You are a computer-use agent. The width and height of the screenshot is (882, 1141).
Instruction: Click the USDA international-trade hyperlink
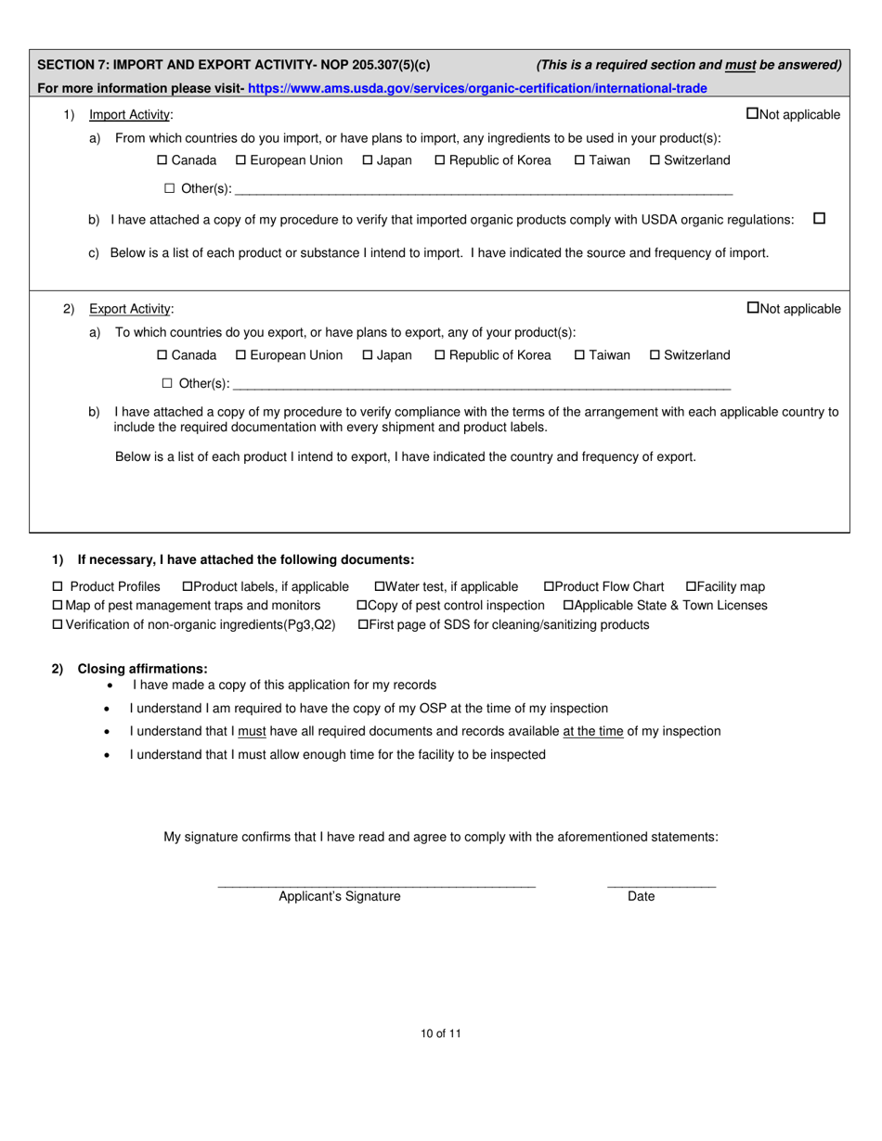pyautogui.click(x=477, y=88)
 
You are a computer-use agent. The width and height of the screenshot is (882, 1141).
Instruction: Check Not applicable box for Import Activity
pyautogui.click(x=752, y=114)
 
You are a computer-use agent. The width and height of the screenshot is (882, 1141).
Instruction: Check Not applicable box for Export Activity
pyautogui.click(x=752, y=308)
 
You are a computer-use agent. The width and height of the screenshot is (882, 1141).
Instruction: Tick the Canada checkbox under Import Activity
pyautogui.click(x=162, y=160)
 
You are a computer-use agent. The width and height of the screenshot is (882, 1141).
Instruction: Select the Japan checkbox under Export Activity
pyautogui.click(x=368, y=355)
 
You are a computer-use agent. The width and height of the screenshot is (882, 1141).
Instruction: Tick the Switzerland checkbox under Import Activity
pyautogui.click(x=655, y=160)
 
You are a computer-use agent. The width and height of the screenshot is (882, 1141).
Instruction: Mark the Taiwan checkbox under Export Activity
pyautogui.click(x=579, y=355)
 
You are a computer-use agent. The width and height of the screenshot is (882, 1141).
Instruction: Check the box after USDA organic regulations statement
pyautogui.click(x=819, y=219)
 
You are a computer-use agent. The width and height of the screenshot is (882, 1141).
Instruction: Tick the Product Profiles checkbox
pyautogui.click(x=58, y=586)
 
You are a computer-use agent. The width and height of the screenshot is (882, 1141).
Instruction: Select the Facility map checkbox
pyautogui.click(x=691, y=586)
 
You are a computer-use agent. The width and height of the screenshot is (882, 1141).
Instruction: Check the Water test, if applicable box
pyautogui.click(x=379, y=586)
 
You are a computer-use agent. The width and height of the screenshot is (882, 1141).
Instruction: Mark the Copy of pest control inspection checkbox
pyautogui.click(x=362, y=605)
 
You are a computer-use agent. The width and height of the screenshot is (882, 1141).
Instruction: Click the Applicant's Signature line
pyautogui.click(x=376, y=882)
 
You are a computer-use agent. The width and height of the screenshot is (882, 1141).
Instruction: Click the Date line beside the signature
pyautogui.click(x=661, y=882)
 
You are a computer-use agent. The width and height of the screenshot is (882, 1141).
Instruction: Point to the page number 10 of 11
pyautogui.click(x=440, y=1032)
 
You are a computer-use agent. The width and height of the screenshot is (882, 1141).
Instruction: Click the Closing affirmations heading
pyautogui.click(x=142, y=668)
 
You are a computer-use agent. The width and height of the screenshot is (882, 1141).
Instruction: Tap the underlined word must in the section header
pyautogui.click(x=740, y=65)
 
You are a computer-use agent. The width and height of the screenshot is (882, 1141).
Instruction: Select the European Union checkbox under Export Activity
pyautogui.click(x=241, y=355)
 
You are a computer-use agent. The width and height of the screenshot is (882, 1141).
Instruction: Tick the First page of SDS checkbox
pyautogui.click(x=363, y=624)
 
